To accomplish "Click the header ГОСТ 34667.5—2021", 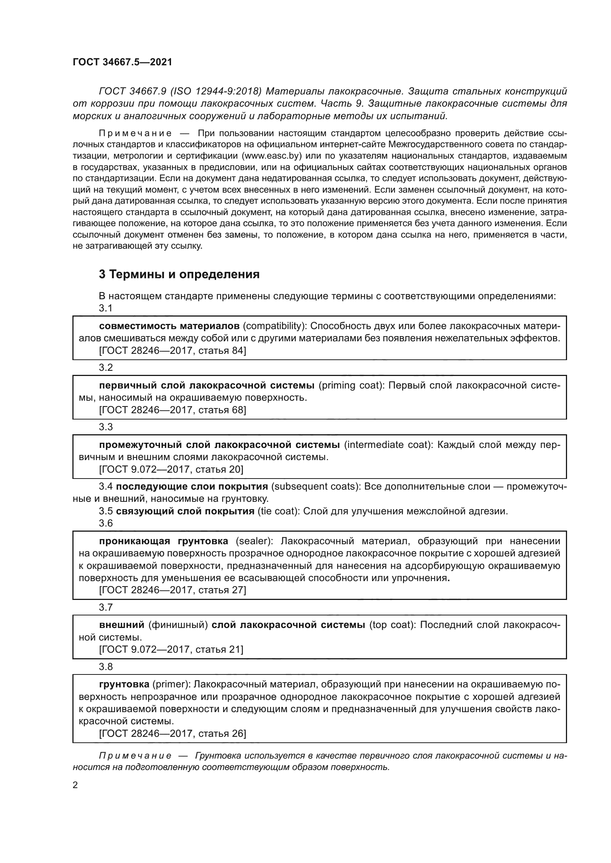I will pos(122,62).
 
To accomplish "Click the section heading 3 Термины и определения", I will pos(179,274).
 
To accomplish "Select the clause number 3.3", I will pos(106,427).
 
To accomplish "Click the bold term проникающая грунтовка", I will pos(163,541).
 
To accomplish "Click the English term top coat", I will pos(392,625).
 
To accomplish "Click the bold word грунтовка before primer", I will pos(124,684).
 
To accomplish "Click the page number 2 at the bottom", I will pos(75,785).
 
